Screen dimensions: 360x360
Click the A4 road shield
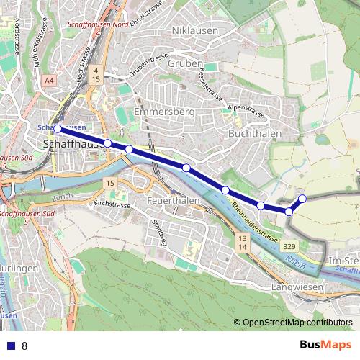point(48,81)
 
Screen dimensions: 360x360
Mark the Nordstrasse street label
point(16,35)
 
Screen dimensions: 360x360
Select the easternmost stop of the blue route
point(302,198)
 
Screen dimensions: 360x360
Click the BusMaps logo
point(325,345)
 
